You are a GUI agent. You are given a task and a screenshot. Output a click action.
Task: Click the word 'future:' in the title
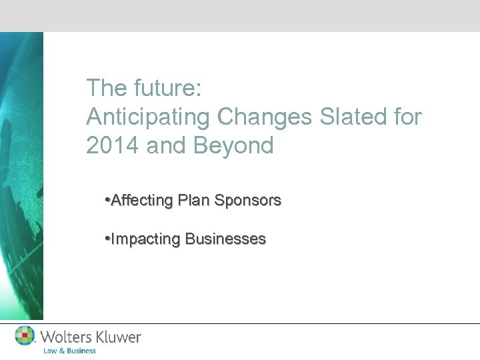pyautogui.click(x=161, y=87)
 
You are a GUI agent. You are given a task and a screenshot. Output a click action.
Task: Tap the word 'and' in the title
pyautogui.click(x=167, y=145)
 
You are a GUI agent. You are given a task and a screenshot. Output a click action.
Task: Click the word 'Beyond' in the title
pyautogui.click(x=234, y=145)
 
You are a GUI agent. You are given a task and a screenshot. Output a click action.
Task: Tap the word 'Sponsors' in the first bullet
pyautogui.click(x=247, y=200)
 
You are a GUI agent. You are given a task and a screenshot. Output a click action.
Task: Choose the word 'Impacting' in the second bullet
pyautogui.click(x=145, y=239)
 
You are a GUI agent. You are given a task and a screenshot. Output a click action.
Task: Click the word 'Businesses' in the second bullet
pyautogui.click(x=225, y=239)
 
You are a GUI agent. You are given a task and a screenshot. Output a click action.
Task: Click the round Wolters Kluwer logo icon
pyautogui.click(x=25, y=335)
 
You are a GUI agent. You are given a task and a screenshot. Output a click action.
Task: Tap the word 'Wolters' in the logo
pyautogui.click(x=68, y=337)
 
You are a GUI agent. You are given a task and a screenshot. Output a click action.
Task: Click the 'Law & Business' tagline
pyautogui.click(x=69, y=351)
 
